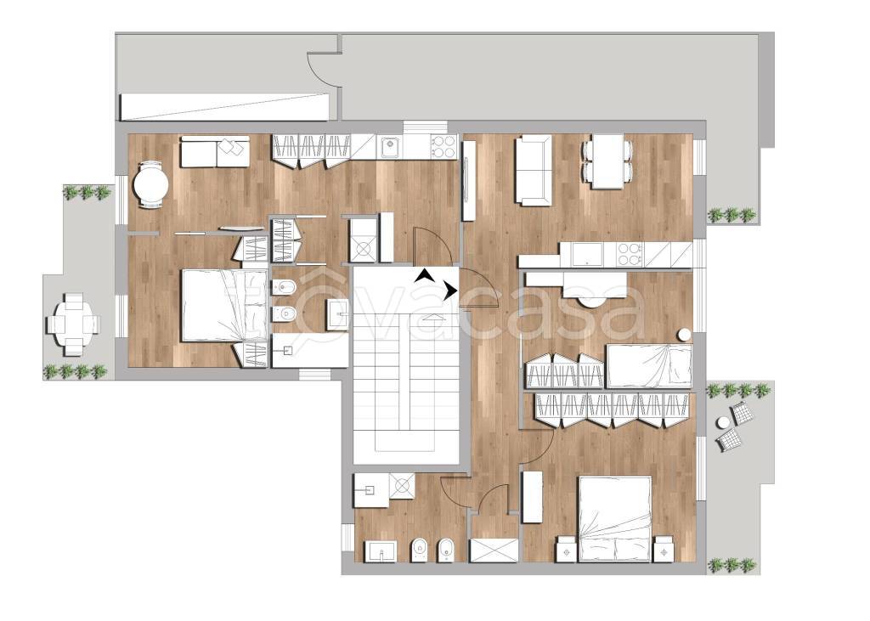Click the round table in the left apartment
[x=150, y=184]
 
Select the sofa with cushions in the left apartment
[x=215, y=151]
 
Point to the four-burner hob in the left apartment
[x=442, y=147]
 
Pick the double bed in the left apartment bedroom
[x=224, y=305]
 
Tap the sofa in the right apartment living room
[x=534, y=171]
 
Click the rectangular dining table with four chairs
[x=607, y=161]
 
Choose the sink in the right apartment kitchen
[x=588, y=255]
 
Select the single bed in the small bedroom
[x=649, y=365]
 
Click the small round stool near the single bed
[x=685, y=336]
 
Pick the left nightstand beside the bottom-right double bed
[x=567, y=549]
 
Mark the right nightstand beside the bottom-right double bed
[x=664, y=549]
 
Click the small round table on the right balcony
[x=723, y=423]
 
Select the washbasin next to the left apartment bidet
[x=338, y=314]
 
